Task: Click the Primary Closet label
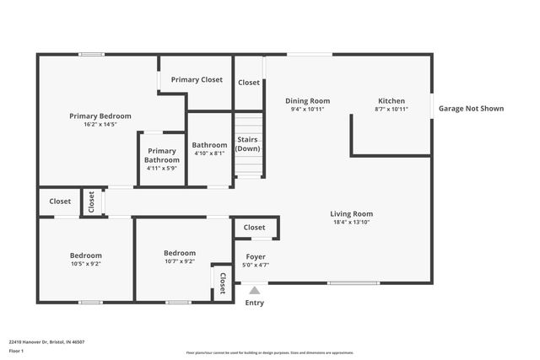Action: [x=197, y=79]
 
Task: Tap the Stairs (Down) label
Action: [x=247, y=143]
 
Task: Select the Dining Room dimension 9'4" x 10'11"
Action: [x=307, y=109]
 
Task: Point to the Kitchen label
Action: [x=391, y=100]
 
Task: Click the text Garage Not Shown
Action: [x=471, y=108]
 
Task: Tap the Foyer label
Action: [x=255, y=256]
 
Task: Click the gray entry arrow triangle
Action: [x=255, y=290]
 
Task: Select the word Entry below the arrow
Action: [x=254, y=303]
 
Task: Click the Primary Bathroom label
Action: [x=161, y=155]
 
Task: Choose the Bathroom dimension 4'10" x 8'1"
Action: [x=209, y=153]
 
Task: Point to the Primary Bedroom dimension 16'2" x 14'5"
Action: [x=100, y=125]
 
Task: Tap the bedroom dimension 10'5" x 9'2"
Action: [x=85, y=263]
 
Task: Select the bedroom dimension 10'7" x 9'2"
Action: [x=179, y=261]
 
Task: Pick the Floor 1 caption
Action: [x=16, y=351]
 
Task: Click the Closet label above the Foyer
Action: [x=254, y=227]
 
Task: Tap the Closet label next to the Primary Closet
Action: [x=248, y=83]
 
